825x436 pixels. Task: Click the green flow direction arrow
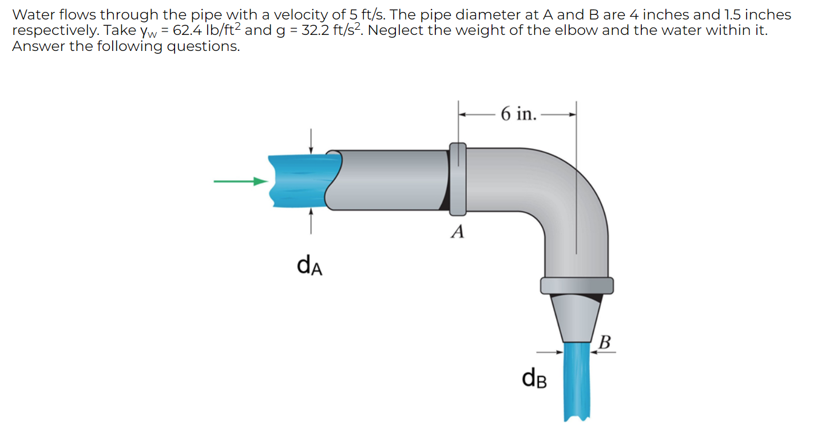click(x=240, y=181)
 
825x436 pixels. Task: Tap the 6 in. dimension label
click(x=518, y=114)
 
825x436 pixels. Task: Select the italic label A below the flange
click(x=457, y=232)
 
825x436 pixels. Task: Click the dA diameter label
click(x=310, y=265)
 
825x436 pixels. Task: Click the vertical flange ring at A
click(x=458, y=179)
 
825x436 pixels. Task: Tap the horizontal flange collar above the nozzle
click(x=576, y=284)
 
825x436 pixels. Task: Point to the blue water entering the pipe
click(x=298, y=180)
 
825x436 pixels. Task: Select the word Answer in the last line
click(x=38, y=46)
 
